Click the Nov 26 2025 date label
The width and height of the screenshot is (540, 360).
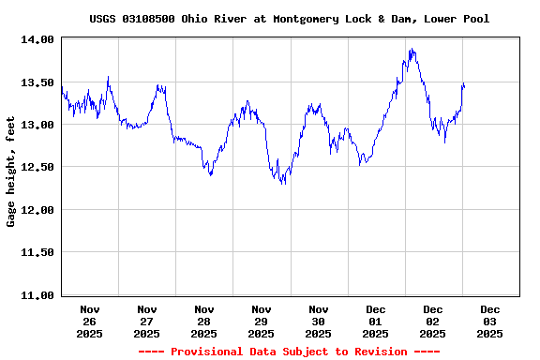[90, 321]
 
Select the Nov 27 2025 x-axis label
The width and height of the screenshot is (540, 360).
[147, 321]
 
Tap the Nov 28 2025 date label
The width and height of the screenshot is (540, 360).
[204, 321]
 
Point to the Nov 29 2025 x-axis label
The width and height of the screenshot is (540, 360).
[262, 321]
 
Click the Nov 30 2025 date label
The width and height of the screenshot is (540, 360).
[319, 321]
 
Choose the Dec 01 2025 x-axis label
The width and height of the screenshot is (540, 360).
[376, 321]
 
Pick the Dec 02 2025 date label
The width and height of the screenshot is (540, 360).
[433, 321]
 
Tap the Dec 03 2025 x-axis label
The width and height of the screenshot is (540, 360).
[490, 321]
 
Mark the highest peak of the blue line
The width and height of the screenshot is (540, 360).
[411, 50]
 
